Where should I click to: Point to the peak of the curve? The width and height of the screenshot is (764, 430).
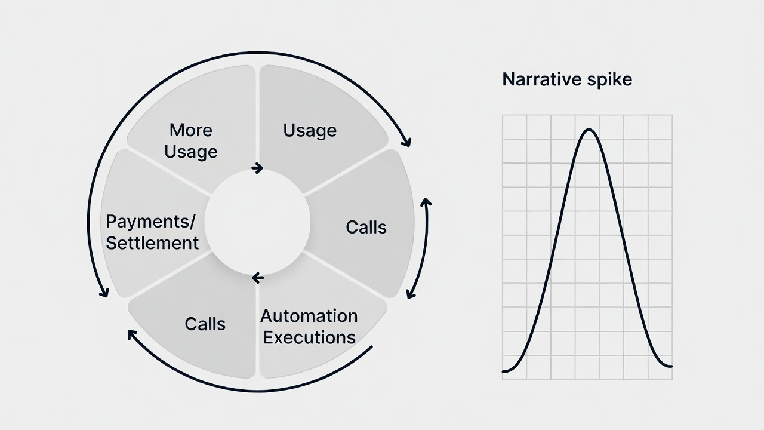click(x=589, y=130)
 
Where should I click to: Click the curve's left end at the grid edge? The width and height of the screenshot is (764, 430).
click(x=504, y=371)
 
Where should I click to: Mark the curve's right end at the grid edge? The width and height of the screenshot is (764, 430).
click(x=671, y=366)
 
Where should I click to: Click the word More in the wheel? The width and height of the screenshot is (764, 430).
click(x=191, y=130)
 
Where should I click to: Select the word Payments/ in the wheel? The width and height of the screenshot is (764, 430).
click(x=150, y=222)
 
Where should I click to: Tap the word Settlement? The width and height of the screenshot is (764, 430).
click(x=152, y=243)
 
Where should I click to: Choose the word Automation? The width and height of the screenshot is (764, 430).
click(x=309, y=315)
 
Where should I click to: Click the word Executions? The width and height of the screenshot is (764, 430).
click(x=309, y=337)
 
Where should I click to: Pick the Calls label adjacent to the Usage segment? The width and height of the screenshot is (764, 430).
click(x=366, y=227)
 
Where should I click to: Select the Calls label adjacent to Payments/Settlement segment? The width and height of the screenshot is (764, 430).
click(x=205, y=324)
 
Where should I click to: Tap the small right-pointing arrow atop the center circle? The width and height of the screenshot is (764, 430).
click(x=257, y=168)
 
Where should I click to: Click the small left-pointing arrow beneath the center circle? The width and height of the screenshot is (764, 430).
click(x=257, y=277)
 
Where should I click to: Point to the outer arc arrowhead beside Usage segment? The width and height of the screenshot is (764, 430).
click(x=407, y=142)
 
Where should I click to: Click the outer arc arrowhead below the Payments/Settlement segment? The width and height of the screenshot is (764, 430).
click(x=104, y=293)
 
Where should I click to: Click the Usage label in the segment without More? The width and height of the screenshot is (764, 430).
click(x=310, y=130)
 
